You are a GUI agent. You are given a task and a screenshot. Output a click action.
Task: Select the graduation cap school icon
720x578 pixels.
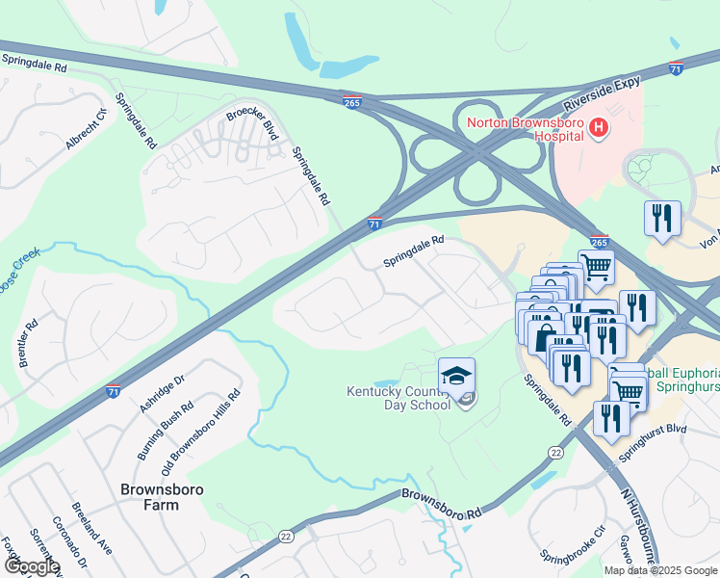[x=456, y=375]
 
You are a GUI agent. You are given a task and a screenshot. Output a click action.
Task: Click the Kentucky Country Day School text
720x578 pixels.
[x=399, y=398]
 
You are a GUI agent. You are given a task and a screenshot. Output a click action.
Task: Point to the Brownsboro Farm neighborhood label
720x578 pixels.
[x=148, y=495]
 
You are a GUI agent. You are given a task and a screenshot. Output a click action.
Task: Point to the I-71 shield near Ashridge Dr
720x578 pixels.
[x=114, y=391]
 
